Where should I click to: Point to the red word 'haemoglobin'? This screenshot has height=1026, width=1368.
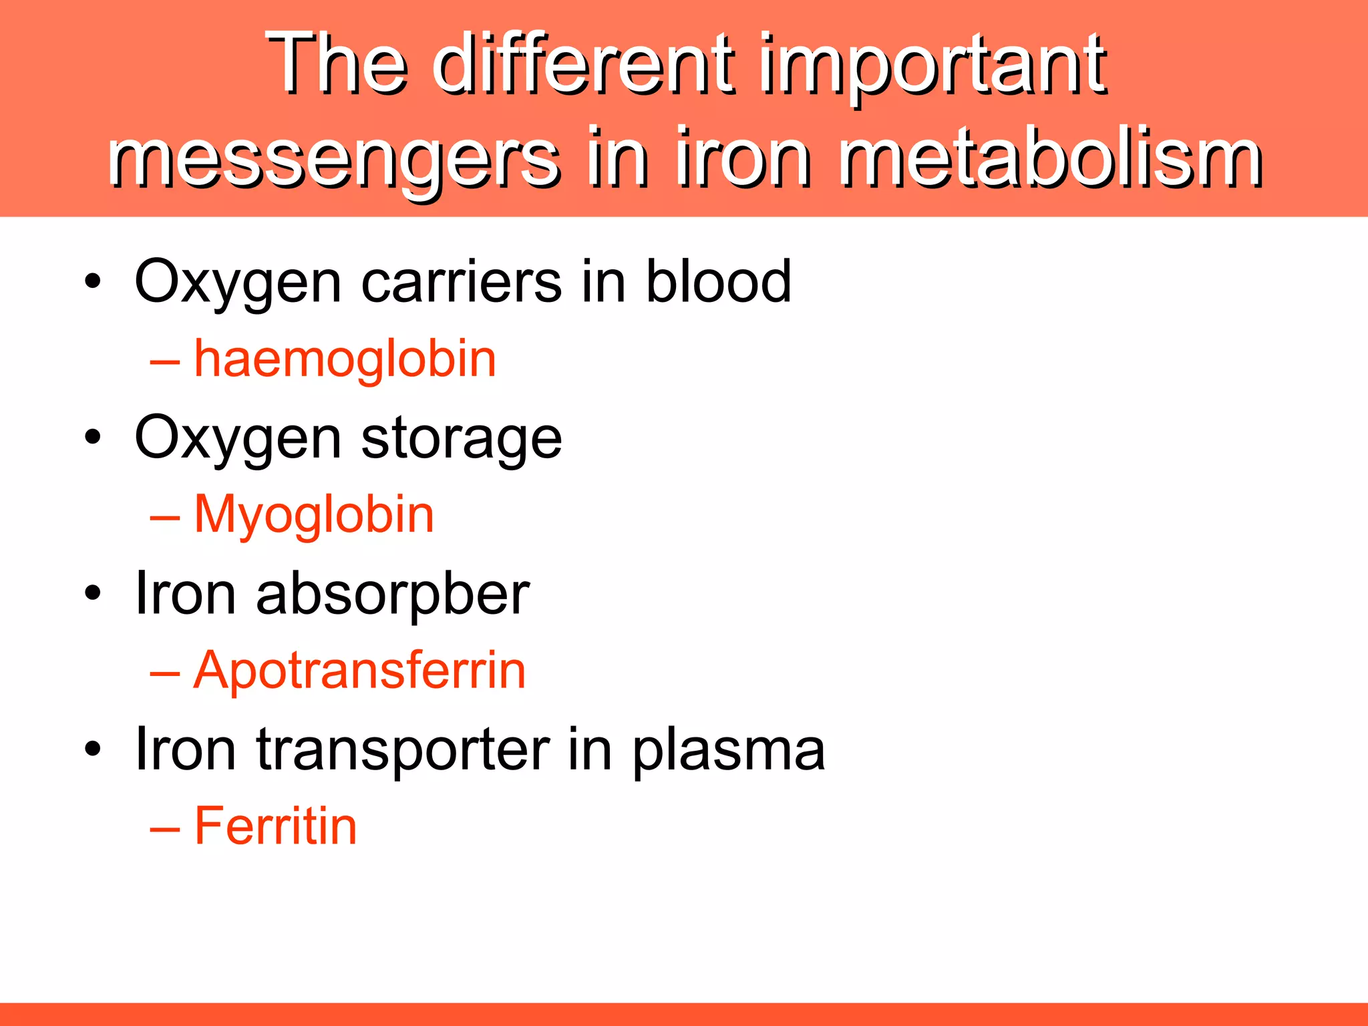point(345,359)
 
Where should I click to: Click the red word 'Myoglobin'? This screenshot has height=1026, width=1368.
point(314,515)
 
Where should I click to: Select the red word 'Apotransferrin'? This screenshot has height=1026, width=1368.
point(359,670)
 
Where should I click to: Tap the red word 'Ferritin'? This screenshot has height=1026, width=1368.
point(275,826)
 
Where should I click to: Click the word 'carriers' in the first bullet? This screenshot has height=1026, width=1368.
point(462,282)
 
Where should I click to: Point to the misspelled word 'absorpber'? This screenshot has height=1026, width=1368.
point(393,594)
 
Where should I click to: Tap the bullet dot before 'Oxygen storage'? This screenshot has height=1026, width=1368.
point(93,438)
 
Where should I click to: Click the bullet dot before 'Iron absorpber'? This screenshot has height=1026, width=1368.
point(93,593)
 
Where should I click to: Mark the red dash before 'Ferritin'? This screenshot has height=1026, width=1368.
point(165,829)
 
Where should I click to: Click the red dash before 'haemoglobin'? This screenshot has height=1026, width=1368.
point(165,362)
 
